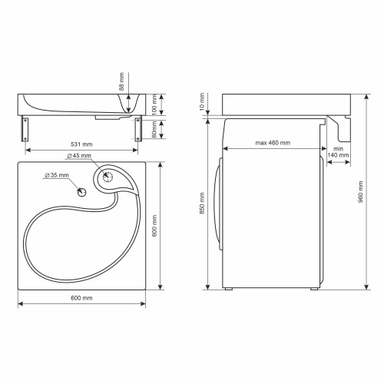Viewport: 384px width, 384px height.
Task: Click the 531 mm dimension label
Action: pos(82,144)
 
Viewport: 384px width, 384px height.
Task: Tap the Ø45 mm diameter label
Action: pos(78,157)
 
